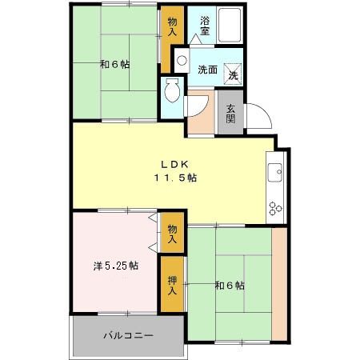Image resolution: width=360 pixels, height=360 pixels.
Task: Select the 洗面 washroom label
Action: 206,69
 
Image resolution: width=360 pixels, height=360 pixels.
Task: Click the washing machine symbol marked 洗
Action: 233,71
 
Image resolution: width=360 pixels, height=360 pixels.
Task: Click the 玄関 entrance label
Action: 230,114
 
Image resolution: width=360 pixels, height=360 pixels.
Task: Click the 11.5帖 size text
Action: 174,178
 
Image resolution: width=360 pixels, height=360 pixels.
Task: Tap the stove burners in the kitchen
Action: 274,208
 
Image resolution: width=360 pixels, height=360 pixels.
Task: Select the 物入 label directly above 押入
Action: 171,234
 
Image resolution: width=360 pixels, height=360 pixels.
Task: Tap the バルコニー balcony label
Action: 127,335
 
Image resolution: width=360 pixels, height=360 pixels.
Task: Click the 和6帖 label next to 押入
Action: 229,286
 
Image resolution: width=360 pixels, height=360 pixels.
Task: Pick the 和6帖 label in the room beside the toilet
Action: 115,65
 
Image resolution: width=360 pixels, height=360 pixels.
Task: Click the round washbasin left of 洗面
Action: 182,60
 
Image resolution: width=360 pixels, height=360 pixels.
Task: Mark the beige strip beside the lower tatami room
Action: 279,284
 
